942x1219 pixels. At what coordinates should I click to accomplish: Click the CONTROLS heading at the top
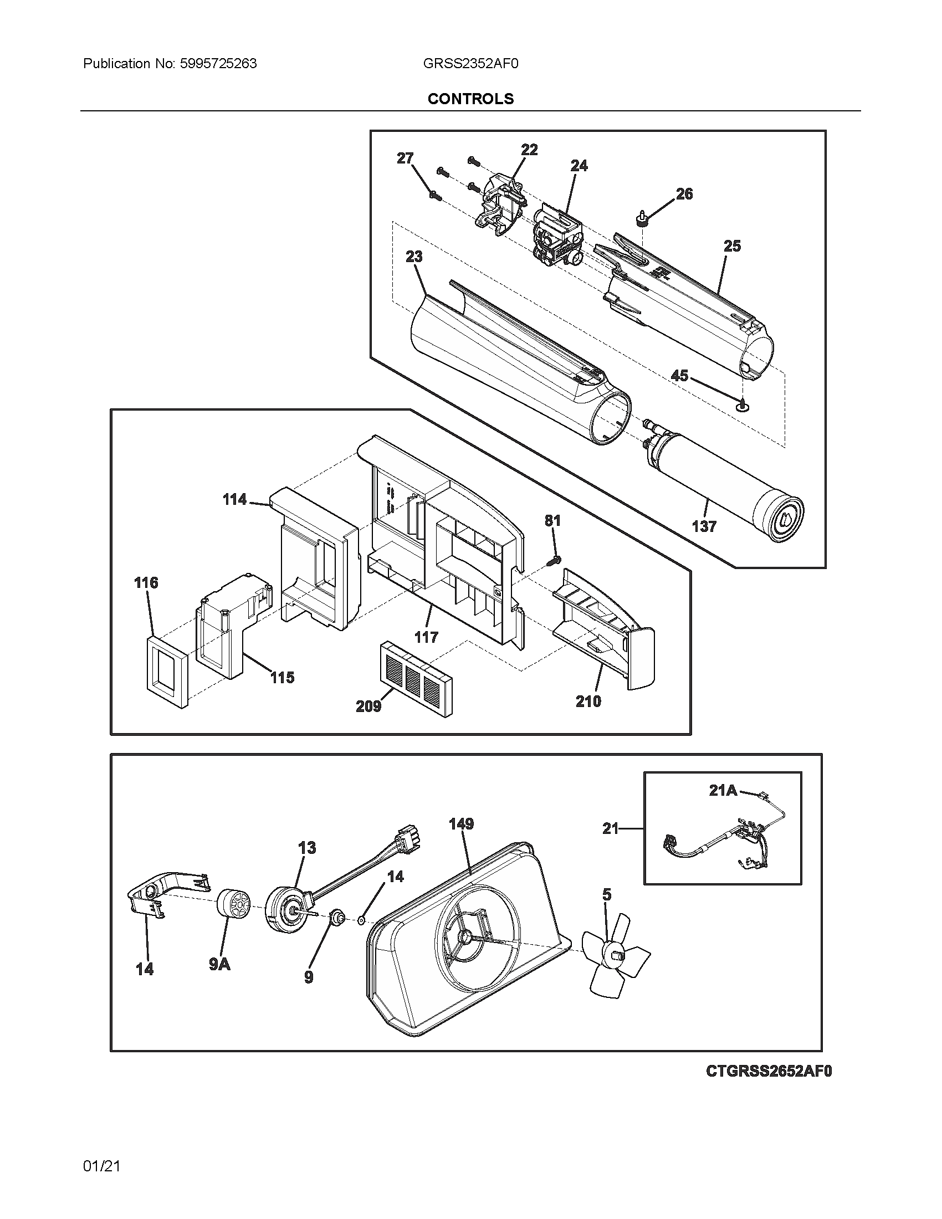point(470,99)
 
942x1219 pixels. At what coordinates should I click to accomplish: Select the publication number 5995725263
point(218,64)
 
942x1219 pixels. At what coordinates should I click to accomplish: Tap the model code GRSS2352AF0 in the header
point(470,64)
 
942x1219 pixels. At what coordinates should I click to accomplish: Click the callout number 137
point(704,526)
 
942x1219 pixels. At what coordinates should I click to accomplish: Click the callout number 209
point(368,706)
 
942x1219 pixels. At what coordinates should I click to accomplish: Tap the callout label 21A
point(723,790)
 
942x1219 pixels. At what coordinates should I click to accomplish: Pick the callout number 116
point(146,583)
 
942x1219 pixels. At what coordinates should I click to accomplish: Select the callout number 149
point(461,823)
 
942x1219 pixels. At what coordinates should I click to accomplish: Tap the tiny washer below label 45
point(743,406)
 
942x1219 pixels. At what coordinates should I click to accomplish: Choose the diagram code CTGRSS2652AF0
point(769,1071)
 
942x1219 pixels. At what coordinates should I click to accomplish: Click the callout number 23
point(413,256)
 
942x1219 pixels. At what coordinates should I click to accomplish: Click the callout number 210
point(588,701)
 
